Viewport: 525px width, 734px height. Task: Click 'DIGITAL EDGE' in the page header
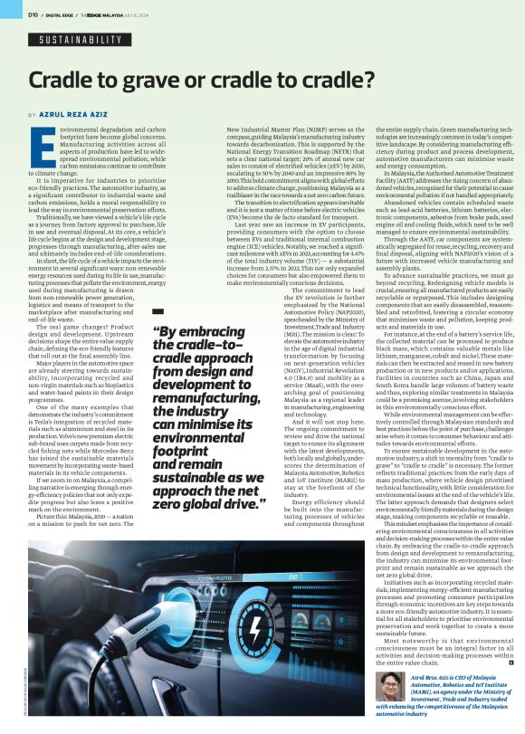pos(59,14)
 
